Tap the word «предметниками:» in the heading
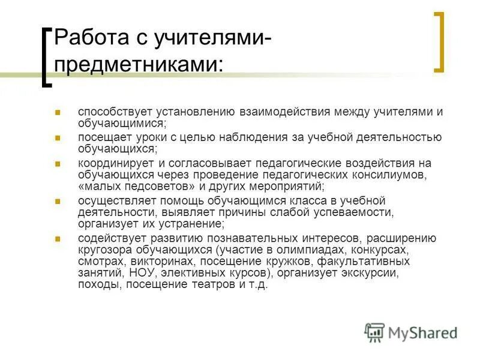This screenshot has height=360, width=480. (139, 64)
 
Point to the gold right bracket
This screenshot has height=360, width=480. (439, 41)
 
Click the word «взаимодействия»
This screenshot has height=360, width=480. (265, 112)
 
